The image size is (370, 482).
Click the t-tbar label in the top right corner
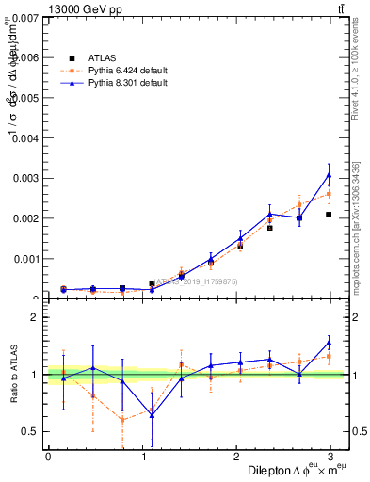[338, 9]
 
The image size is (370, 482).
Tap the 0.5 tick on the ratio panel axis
[30, 432]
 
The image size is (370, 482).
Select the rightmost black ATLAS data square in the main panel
[329, 215]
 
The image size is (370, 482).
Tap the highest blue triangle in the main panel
[329, 174]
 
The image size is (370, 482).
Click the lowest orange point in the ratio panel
[122, 420]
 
